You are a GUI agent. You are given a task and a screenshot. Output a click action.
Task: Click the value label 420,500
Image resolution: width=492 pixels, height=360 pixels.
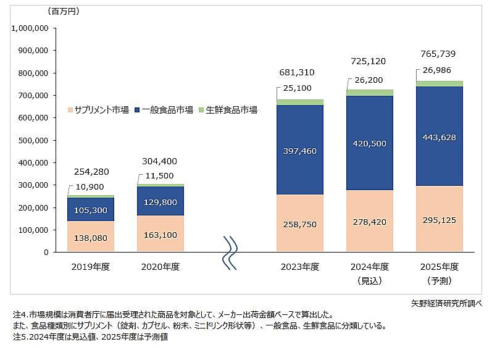tap(369, 143)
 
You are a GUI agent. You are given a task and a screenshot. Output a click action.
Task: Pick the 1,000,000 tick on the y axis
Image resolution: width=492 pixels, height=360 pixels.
tap(30, 28)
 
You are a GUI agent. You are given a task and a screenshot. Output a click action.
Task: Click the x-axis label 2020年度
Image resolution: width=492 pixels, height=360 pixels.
tap(160, 267)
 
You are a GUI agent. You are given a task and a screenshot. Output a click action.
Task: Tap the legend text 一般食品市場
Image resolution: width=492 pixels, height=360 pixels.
tap(167, 110)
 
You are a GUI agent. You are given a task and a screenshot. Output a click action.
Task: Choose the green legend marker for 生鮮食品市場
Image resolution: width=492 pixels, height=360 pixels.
tap(201, 110)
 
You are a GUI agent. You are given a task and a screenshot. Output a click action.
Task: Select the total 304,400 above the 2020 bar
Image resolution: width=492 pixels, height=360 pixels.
tap(159, 162)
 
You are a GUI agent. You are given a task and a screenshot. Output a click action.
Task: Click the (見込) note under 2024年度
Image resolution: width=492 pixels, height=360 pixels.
tap(369, 280)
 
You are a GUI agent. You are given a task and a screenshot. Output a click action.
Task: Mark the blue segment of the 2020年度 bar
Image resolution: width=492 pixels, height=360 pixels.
tap(160, 201)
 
